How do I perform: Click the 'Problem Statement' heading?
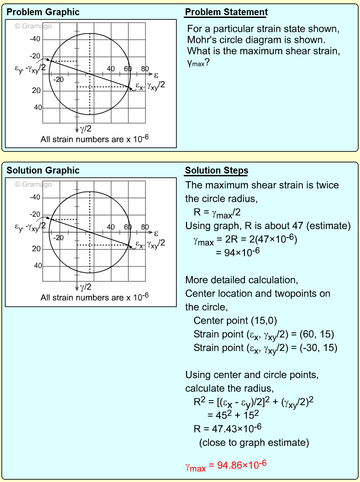click(x=226, y=12)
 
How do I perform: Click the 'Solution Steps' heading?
click(x=216, y=171)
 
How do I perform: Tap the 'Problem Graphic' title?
click(x=43, y=12)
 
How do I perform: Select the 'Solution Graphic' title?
click(x=43, y=170)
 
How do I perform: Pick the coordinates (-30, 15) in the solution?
click(x=317, y=348)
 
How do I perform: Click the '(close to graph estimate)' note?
click(x=254, y=443)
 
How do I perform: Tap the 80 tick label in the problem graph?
click(x=145, y=69)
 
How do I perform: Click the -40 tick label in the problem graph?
click(x=35, y=39)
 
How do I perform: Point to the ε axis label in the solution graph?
click(x=156, y=233)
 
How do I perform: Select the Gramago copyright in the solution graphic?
click(x=33, y=184)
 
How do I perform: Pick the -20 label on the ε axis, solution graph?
click(x=58, y=238)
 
